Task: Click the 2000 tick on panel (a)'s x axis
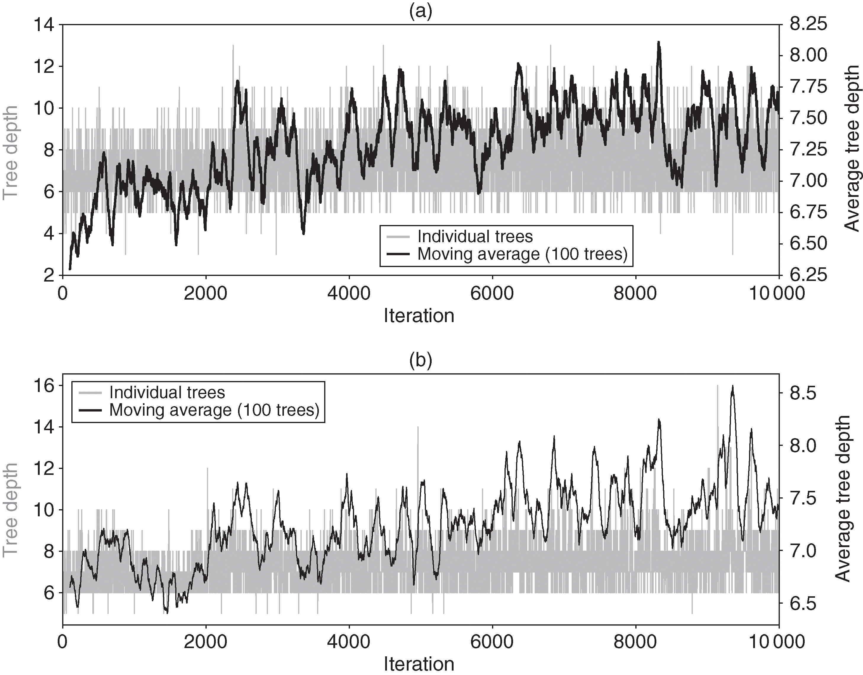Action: tap(206, 294)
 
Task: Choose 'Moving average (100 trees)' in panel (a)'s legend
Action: tap(522, 254)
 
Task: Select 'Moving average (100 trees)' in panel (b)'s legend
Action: tap(214, 410)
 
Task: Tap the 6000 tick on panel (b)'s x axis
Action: tap(492, 642)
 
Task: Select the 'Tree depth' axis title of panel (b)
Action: tap(11, 510)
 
